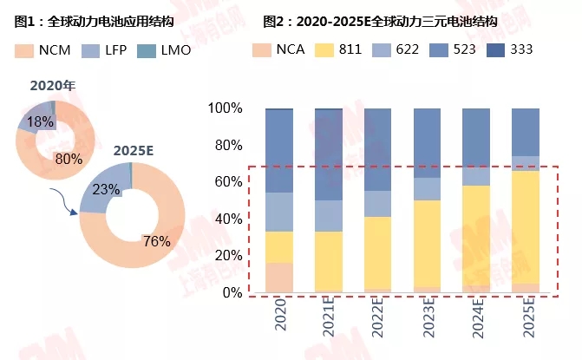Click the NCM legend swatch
coord(24,50)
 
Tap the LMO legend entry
coord(173,50)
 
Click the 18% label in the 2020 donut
coord(40,122)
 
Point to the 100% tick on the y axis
coord(226,108)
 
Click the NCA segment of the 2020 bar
coord(278,278)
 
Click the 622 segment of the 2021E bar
coord(328,216)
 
